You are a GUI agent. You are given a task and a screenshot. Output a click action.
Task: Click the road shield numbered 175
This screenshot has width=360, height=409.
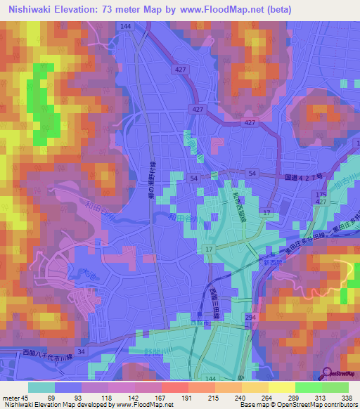tap(321, 193)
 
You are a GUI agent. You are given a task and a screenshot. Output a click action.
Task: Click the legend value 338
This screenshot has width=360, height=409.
tap(347, 398)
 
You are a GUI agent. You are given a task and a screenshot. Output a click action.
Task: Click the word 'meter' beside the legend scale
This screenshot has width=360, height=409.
tap(11, 398)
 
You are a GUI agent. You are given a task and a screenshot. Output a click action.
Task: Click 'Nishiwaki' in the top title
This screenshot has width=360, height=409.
tap(27, 10)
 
